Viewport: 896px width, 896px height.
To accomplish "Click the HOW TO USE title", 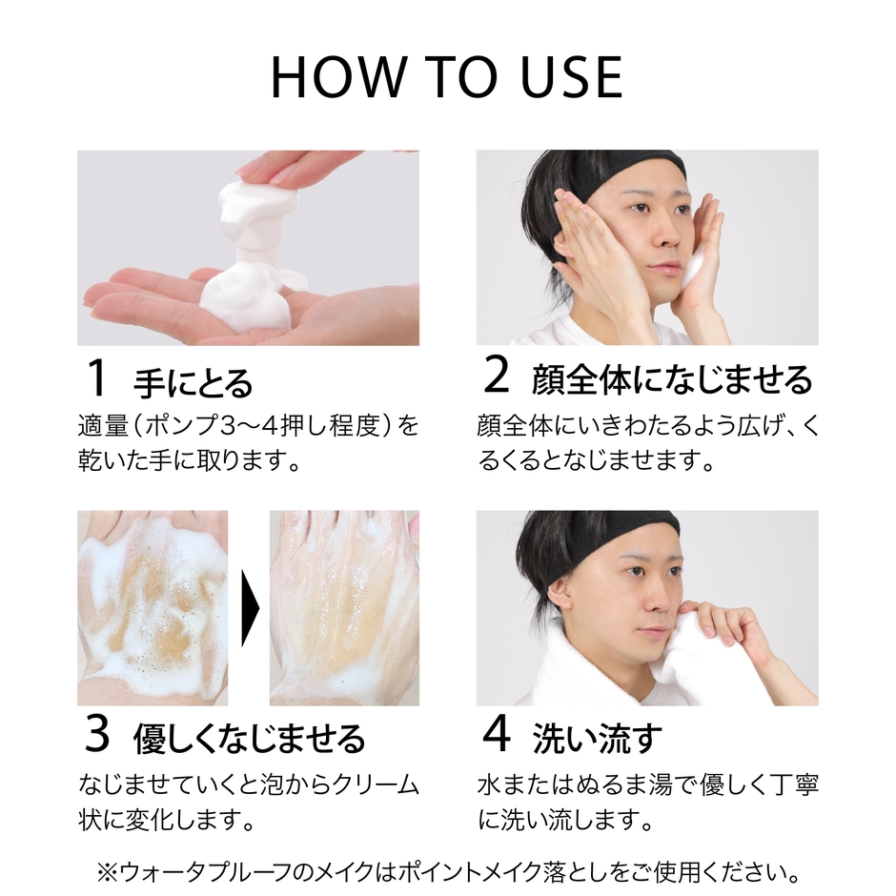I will (x=447, y=78).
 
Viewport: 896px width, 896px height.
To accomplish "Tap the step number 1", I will (x=96, y=379).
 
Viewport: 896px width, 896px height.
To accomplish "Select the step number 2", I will (x=498, y=378).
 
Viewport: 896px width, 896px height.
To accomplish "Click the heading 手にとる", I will (x=193, y=382).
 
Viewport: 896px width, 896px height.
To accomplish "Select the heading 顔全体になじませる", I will (x=672, y=380).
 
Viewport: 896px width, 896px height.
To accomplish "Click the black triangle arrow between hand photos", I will (x=250, y=608).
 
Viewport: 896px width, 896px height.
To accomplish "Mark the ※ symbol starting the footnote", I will (x=106, y=871).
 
